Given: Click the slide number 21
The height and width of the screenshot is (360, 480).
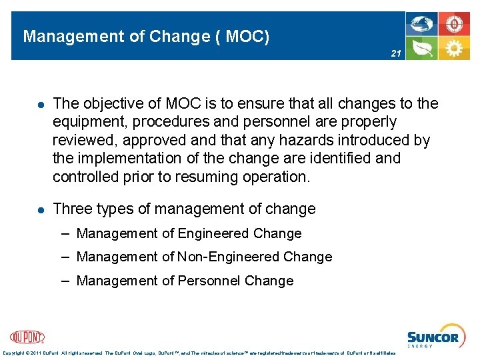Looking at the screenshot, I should (395, 53).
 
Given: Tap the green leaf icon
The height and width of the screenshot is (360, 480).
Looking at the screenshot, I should (422, 48).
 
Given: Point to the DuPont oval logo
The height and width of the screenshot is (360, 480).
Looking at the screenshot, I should (27, 337).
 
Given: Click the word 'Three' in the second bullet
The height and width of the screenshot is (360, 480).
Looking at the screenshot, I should (71, 209).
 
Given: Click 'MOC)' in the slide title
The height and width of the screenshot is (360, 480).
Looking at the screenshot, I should (248, 36).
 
